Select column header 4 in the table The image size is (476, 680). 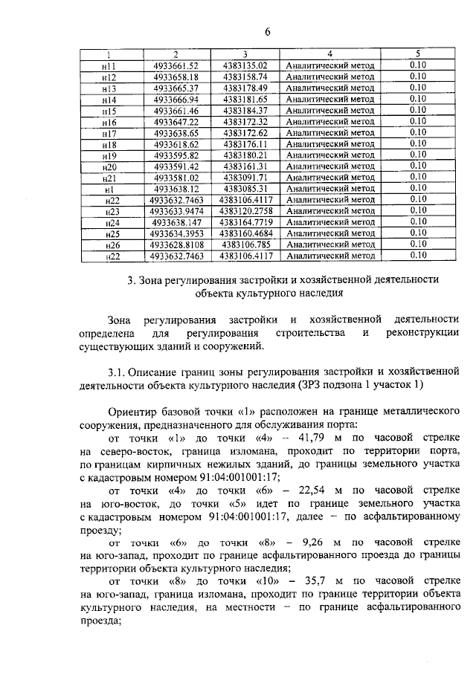pos(329,54)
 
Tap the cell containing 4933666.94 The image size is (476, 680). pos(176,99)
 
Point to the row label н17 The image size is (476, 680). pos(110,133)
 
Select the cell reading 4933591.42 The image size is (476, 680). pos(176,166)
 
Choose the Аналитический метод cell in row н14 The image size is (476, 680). pos(329,99)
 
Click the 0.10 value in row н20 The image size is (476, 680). pos(417,166)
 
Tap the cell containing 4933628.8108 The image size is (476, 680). pos(176,245)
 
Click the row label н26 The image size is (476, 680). pos(112,245)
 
